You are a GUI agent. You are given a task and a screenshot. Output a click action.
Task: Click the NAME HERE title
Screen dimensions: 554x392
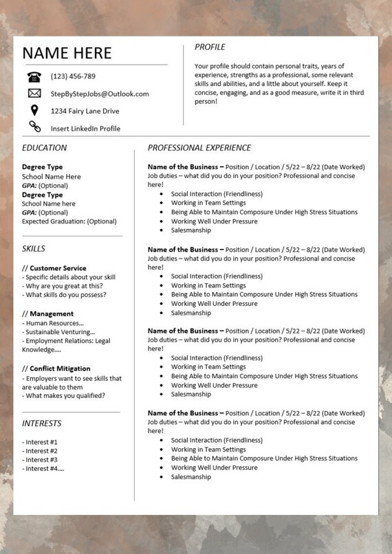[x=66, y=53]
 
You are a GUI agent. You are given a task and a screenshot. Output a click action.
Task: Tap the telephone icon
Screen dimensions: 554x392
[x=34, y=76]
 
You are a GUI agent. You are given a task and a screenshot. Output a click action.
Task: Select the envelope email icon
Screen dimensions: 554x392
[x=34, y=93]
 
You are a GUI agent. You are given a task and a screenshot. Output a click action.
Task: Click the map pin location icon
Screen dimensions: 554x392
[x=34, y=110]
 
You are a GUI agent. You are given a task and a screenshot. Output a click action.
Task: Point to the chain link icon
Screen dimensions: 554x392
[x=34, y=126]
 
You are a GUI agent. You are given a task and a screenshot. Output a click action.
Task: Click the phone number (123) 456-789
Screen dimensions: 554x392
[x=73, y=76]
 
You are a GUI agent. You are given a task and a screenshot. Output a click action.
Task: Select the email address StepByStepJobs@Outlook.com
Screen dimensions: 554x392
[x=99, y=93]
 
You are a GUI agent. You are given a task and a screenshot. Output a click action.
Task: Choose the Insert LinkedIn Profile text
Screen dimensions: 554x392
[x=85, y=129]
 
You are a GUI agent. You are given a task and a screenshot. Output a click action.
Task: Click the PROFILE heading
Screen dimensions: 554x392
[x=210, y=47]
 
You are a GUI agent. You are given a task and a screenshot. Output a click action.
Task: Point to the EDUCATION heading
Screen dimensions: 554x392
[x=44, y=148]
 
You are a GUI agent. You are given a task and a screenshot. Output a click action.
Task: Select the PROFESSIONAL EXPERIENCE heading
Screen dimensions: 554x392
[x=199, y=148]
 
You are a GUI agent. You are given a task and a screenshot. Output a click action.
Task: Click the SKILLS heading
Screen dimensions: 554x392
[x=34, y=249]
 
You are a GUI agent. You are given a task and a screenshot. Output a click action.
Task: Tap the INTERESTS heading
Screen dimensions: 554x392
[x=41, y=423]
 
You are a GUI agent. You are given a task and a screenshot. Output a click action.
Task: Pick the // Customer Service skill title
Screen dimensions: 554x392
[x=54, y=268]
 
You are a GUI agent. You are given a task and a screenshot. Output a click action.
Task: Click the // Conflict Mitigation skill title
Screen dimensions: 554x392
[x=56, y=368]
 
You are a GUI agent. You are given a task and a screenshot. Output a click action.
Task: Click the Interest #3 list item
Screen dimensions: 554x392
[x=40, y=460]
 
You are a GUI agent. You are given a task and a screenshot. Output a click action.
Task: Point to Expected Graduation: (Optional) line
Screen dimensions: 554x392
[x=69, y=221]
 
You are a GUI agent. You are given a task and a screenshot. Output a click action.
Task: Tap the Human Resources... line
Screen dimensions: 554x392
[x=53, y=323]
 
